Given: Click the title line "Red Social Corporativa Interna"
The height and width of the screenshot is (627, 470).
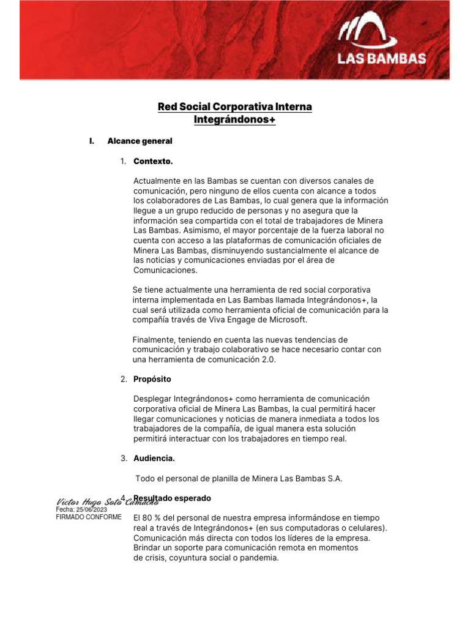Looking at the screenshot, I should pos(235,107).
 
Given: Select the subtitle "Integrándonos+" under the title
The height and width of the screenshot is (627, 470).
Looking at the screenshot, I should pos(235,120).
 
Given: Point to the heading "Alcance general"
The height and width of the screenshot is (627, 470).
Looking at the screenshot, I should pos(140,141).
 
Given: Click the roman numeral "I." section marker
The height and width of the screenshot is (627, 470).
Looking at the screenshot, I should pos(92,141).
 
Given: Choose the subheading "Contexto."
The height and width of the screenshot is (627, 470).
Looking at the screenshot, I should pos(153,162).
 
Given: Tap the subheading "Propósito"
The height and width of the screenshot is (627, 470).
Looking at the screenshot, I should pos(152,380).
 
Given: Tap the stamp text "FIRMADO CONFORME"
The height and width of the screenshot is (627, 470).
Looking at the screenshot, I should pos(89,517).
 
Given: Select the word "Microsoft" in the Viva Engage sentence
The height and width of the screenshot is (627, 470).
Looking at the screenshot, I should pos(286,320).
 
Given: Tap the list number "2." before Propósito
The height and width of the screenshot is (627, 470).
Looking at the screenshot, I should pos(124,380).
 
